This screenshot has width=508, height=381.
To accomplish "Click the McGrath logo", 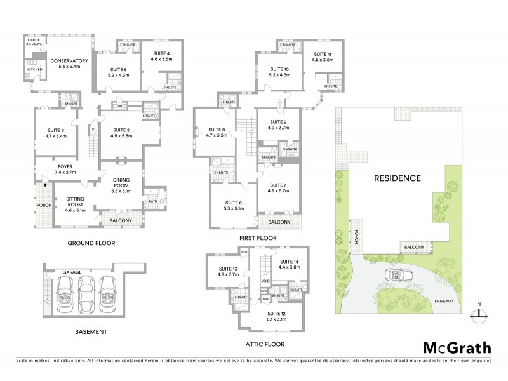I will [x=457, y=347].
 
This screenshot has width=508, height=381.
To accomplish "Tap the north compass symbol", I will [x=480, y=315].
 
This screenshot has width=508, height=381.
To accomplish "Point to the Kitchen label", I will [x=34, y=69].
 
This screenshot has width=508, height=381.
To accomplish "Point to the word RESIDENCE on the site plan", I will [x=397, y=178].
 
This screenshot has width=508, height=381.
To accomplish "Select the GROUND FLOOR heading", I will [x=91, y=243].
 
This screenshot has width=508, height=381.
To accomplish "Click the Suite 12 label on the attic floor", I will [x=277, y=316].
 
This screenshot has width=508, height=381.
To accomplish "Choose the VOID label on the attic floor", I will [x=265, y=280].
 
